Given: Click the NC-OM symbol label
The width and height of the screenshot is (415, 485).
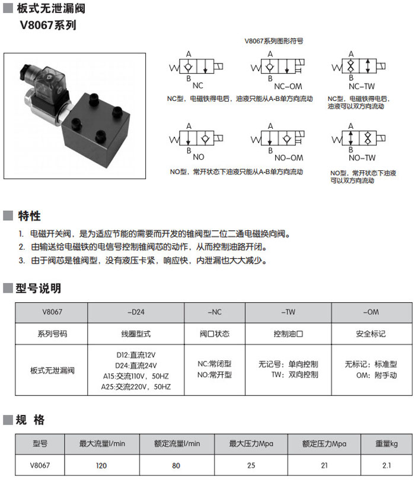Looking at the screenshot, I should tap(288, 85).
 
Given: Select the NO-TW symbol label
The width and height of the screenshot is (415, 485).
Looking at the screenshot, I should tap(362, 158).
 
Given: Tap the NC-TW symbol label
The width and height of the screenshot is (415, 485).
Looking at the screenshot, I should tap(362, 85).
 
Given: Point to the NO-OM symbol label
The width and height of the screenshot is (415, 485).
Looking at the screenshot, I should tap(288, 158).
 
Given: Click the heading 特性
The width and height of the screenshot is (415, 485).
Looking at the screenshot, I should tap(29, 215).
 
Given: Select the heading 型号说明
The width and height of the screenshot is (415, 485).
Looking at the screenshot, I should tap(39, 289).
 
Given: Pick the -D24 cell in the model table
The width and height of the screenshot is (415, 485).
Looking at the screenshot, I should tap(136, 312).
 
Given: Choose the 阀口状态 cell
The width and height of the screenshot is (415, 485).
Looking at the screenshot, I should tap(215, 334).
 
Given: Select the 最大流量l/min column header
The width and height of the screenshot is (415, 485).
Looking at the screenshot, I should tap(103, 443).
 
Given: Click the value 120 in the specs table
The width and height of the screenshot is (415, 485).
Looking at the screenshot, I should tap(102, 465).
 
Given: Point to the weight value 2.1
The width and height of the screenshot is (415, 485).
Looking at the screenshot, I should tap(387, 465).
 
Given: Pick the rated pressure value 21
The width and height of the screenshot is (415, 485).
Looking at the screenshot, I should tap(324, 465).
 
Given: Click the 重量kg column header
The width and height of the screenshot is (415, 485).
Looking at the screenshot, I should tap(387, 443).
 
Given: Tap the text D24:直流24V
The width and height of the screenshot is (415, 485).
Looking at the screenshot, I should tap(136, 365).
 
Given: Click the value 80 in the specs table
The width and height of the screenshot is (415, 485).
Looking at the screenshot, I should tap(176, 465).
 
